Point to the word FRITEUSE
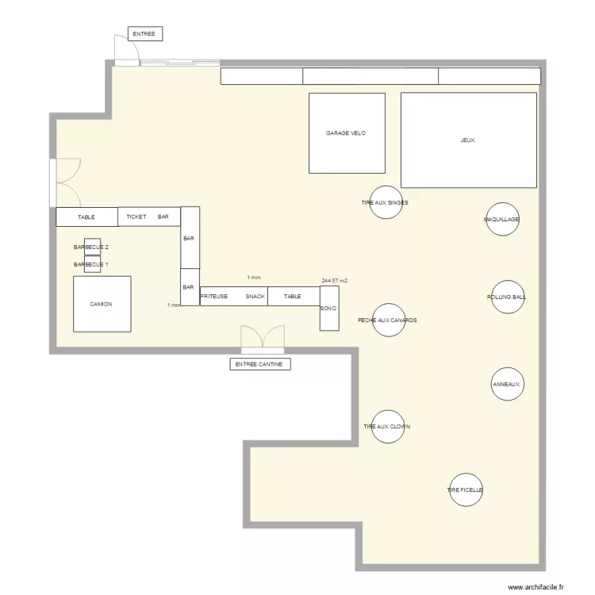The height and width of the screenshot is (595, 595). [214, 297]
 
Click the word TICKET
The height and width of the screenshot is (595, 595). [136, 217]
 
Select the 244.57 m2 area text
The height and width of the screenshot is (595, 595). [334, 281]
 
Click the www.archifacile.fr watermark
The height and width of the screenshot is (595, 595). [535, 587]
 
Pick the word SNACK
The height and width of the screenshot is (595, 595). [255, 297]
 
